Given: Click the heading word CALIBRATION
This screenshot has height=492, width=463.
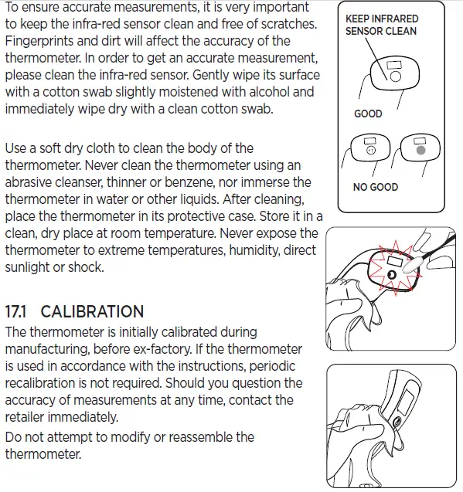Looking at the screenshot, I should tap(92, 312).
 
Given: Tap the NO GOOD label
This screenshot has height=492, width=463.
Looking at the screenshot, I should tap(376, 187).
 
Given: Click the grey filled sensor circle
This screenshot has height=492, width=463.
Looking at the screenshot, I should tap(420, 152).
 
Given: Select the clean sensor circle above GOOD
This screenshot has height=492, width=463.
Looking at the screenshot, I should tap(394, 77).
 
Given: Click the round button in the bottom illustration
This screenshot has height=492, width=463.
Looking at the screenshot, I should tap(397, 422).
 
